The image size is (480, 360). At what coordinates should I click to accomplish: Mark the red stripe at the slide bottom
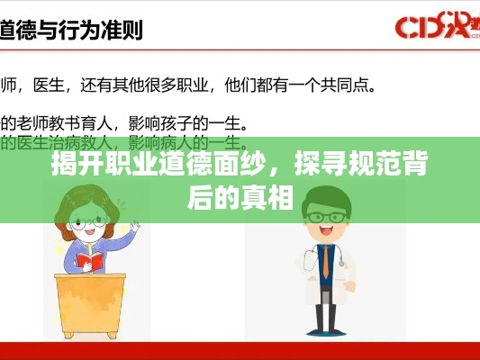[x=240, y=350]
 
